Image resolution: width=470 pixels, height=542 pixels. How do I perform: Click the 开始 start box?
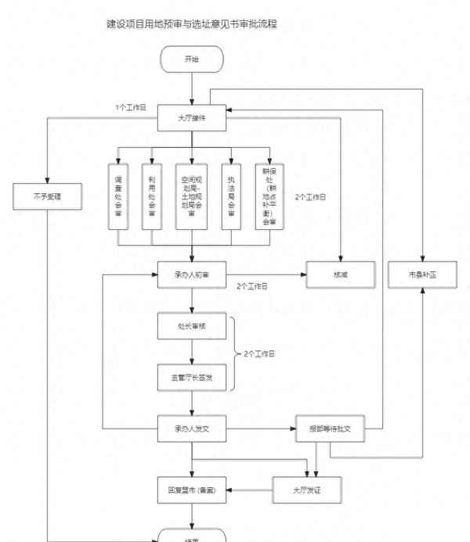[192, 59]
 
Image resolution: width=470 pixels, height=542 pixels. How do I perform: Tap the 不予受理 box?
[48, 196]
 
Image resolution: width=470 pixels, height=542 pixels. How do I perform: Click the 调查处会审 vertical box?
[117, 196]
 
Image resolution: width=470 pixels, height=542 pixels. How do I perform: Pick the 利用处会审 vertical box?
[151, 196]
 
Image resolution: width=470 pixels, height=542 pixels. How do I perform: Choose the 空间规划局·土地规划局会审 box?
[192, 196]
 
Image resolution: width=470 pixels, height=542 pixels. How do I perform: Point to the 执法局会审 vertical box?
[232, 196]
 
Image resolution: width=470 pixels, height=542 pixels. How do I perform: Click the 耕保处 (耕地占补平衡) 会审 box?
[270, 196]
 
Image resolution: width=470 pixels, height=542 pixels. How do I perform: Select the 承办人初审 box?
[192, 276]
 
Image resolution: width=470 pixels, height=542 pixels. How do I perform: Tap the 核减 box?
[338, 276]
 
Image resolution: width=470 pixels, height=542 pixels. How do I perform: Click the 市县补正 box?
[423, 276]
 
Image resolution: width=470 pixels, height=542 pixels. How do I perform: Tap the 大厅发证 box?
[306, 490]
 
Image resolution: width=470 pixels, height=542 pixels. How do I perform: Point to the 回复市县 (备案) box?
[192, 490]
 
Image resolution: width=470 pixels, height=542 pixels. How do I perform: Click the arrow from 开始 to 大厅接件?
[192, 88]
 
